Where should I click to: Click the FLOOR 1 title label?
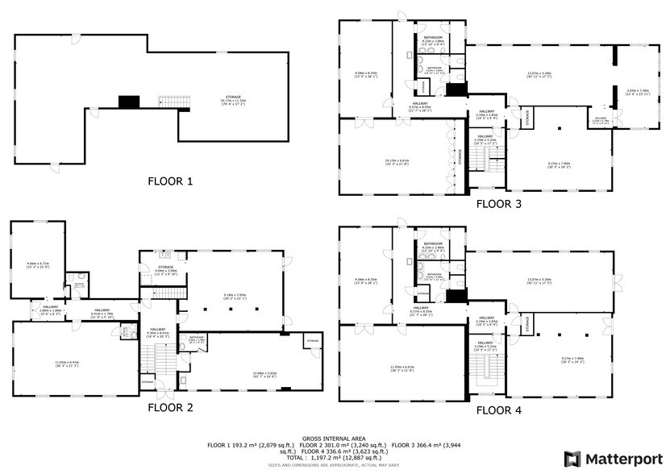tap(170, 181)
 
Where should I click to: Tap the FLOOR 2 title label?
tap(170, 407)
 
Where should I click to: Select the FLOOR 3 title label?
tap(498, 204)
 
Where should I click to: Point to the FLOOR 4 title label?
tap(498, 410)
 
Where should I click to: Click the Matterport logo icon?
tap(572, 459)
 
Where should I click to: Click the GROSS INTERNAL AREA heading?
tap(335, 438)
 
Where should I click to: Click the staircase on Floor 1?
tap(173, 102)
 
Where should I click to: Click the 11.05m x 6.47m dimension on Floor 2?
tap(71, 363)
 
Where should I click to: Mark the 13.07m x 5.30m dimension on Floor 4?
tap(534, 281)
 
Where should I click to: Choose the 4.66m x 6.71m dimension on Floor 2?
tap(39, 264)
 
